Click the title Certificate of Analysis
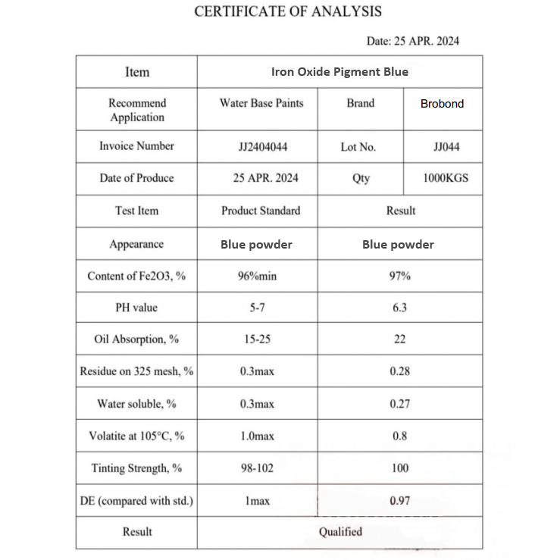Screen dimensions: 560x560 pyautogui.click(x=288, y=11)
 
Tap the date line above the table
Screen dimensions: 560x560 pyautogui.click(x=413, y=41)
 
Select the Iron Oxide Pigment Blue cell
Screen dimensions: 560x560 pyautogui.click(x=339, y=72)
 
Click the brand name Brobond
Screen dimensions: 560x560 pyautogui.click(x=442, y=104)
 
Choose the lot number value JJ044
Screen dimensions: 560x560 pyautogui.click(x=446, y=147)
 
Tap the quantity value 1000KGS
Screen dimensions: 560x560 pyautogui.click(x=446, y=178)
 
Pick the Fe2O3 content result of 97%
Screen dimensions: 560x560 pyautogui.click(x=399, y=277)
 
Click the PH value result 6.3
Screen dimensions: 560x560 pyautogui.click(x=399, y=308)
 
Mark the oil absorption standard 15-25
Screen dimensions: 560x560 pyautogui.click(x=257, y=339)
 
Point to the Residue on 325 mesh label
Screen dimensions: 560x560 pyautogui.click(x=136, y=371)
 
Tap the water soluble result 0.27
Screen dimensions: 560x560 pyautogui.click(x=399, y=404)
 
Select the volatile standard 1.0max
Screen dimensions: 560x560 pyautogui.click(x=257, y=436)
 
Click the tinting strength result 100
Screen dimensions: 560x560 pyautogui.click(x=399, y=468)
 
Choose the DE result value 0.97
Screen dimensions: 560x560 pyautogui.click(x=399, y=501)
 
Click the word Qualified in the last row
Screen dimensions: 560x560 pyautogui.click(x=340, y=532)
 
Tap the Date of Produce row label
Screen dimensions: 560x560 pyautogui.click(x=136, y=178)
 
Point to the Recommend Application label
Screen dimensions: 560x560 pyautogui.click(x=137, y=110)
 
